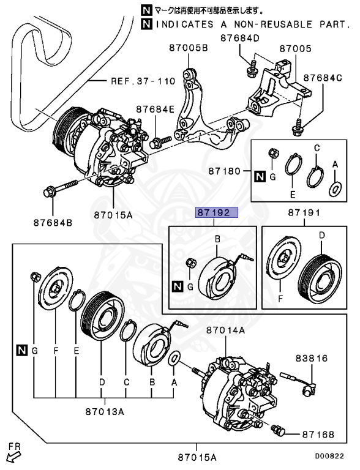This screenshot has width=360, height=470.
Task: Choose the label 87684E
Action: (x=155, y=109)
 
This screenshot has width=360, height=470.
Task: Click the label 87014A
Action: (x=225, y=329)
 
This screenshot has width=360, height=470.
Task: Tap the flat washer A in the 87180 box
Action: (x=335, y=188)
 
